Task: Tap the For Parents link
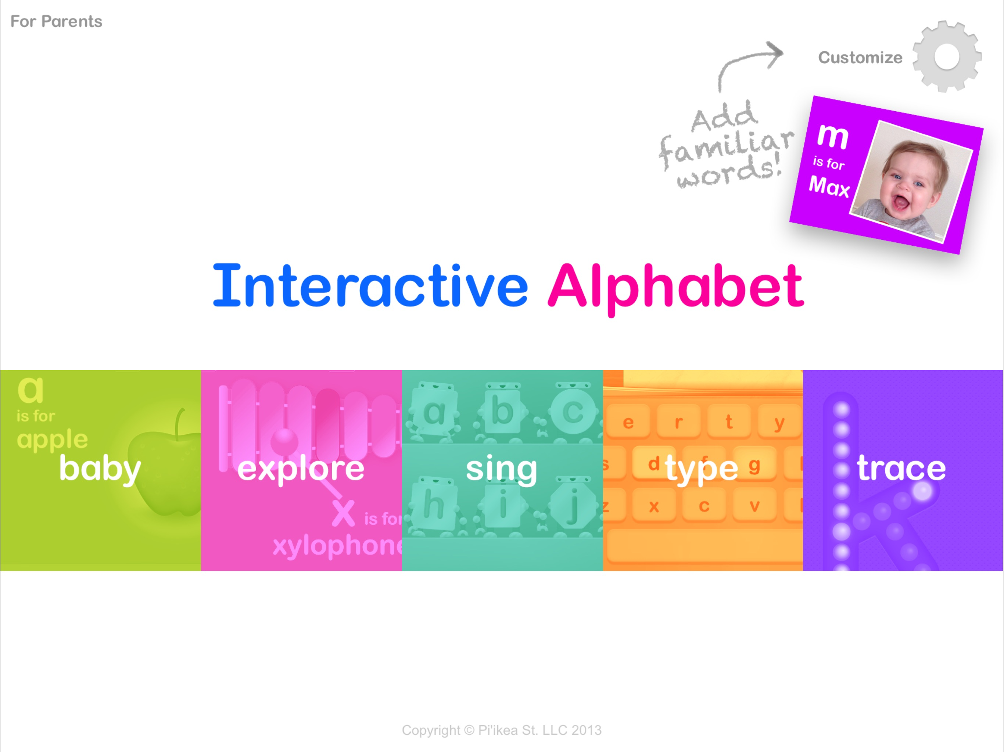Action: click(56, 21)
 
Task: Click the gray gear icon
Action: click(947, 57)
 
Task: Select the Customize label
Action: click(860, 58)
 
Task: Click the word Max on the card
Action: click(829, 186)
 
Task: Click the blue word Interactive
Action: click(370, 286)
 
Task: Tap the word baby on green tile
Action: click(100, 469)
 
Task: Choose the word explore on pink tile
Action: click(301, 469)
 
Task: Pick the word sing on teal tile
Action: click(502, 469)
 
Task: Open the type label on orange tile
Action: click(702, 469)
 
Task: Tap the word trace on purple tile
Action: click(901, 468)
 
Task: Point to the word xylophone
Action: click(338, 546)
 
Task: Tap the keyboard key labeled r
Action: click(678, 422)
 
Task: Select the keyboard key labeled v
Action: click(754, 505)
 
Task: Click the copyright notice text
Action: click(502, 730)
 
